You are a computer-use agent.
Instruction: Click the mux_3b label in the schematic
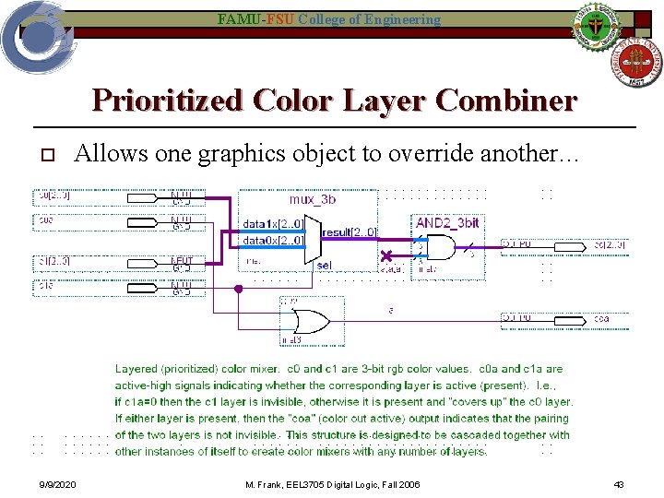coord(313,199)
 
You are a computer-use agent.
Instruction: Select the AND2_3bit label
coord(447,222)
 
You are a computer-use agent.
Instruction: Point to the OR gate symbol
coord(309,321)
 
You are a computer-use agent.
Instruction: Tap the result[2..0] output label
coord(350,232)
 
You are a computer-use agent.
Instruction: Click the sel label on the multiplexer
coord(325,265)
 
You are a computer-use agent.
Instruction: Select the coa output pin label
coord(601,319)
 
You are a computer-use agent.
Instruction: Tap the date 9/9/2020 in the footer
coord(57,484)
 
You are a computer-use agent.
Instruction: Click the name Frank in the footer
coord(274,484)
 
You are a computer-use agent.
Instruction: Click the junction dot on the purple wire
coord(238,288)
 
